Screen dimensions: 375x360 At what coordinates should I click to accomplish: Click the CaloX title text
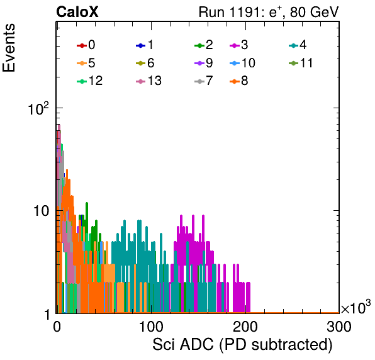pyautogui.click(x=77, y=12)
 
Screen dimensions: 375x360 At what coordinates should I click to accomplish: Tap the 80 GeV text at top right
pyautogui.click(x=314, y=12)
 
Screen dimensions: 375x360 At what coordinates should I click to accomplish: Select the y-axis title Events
pyautogui.click(x=9, y=48)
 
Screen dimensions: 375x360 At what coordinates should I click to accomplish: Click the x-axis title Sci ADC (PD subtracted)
pyautogui.click(x=242, y=345)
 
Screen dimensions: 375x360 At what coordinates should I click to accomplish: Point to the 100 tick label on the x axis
pyautogui.click(x=151, y=327)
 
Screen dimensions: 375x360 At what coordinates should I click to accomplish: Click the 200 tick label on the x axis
pyautogui.click(x=245, y=327)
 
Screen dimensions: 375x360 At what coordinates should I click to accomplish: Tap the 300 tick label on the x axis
pyautogui.click(x=339, y=327)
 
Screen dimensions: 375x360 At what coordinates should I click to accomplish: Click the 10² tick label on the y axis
pyautogui.click(x=38, y=109)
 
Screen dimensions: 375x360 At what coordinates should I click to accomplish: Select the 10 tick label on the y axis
pyautogui.click(x=41, y=211)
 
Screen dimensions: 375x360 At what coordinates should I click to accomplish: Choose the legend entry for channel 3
pyautogui.click(x=238, y=45)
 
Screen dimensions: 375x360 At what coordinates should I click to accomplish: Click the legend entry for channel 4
pyautogui.click(x=298, y=45)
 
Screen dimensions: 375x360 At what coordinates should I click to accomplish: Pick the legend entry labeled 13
pyautogui.click(x=148, y=81)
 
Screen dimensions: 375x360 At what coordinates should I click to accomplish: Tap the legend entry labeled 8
pyautogui.click(x=238, y=81)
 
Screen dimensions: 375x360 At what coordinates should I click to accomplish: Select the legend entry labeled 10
pyautogui.click(x=242, y=63)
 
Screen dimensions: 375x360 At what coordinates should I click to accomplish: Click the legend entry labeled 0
pyautogui.click(x=86, y=45)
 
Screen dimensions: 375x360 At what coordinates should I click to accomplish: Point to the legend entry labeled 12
pyautogui.click(x=90, y=81)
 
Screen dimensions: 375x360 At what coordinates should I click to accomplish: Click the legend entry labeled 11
pyautogui.click(x=301, y=63)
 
